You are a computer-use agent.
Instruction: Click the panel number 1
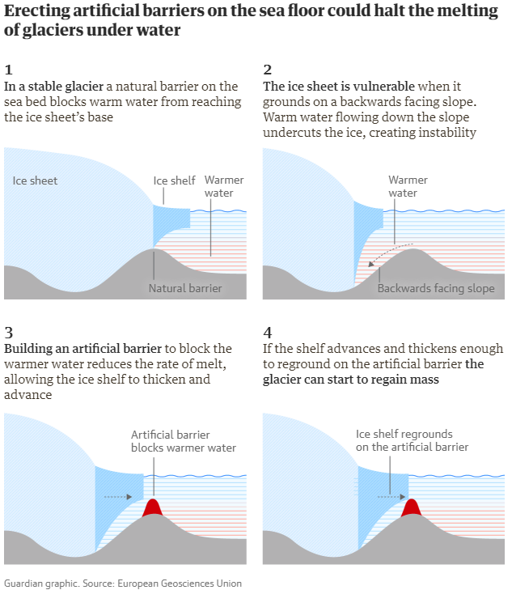point(8,70)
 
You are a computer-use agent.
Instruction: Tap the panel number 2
point(267,70)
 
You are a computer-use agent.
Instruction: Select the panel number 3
point(8,332)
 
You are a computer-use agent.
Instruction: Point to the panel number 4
point(268,332)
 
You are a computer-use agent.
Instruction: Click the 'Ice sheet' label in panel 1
point(35,180)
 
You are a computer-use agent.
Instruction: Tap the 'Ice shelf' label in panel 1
point(175,180)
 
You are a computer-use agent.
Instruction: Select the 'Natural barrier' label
point(185,287)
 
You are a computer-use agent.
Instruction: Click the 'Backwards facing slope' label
point(436,288)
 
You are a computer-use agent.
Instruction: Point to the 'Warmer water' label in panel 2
point(408,186)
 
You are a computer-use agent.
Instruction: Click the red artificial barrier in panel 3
point(152,509)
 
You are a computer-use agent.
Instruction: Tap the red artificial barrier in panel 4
point(412,508)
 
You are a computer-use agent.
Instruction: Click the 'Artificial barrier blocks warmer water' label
point(184,441)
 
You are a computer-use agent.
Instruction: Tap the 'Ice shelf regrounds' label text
point(404,434)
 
